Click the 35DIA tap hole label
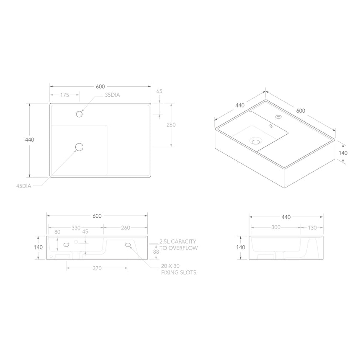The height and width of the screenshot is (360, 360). [x=112, y=95]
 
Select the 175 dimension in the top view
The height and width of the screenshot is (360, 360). [x=64, y=95]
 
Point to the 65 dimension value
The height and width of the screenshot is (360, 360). [x=159, y=91]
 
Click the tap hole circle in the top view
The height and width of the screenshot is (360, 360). [x=79, y=113]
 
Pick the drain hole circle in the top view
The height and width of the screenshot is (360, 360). [x=79, y=147]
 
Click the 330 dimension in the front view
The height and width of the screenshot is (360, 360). [x=76, y=228]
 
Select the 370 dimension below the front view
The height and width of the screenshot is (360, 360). [x=97, y=268]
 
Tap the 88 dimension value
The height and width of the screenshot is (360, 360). [x=156, y=252]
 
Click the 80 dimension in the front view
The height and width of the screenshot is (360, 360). [x=57, y=231]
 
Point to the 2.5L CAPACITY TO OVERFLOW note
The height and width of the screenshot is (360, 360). [x=178, y=245]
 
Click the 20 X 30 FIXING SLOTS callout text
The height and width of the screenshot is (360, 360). [x=179, y=269]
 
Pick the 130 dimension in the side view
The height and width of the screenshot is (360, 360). [x=312, y=228]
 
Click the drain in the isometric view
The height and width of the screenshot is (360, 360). [x=255, y=141]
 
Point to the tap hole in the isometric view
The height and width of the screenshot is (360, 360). [x=278, y=116]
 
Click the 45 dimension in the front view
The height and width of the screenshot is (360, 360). [x=85, y=231]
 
